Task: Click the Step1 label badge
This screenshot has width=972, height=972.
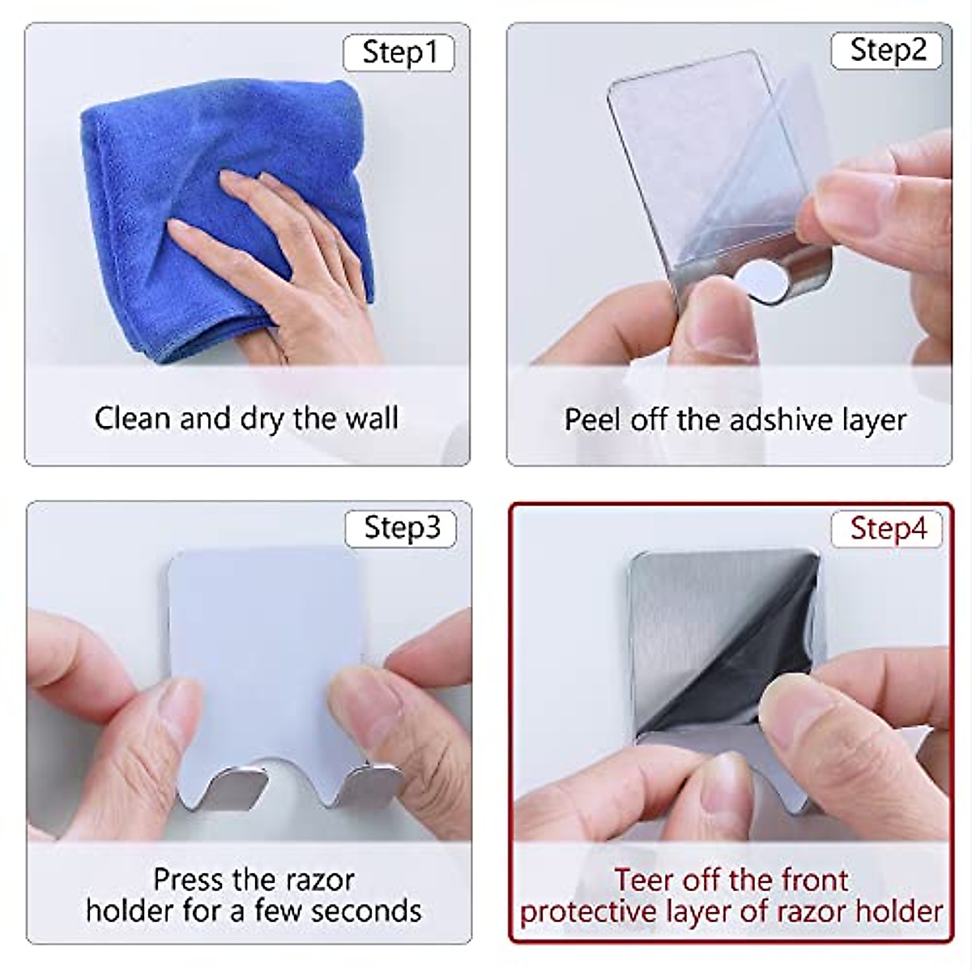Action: pos(399,53)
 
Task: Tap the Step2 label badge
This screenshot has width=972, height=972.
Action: pos(887,51)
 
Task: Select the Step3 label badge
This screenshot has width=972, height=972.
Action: pos(401,528)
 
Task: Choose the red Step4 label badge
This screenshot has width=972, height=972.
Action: pos(887,529)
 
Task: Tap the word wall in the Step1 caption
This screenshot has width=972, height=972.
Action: pos(371,419)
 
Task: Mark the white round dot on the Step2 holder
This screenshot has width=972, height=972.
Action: pos(761,281)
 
